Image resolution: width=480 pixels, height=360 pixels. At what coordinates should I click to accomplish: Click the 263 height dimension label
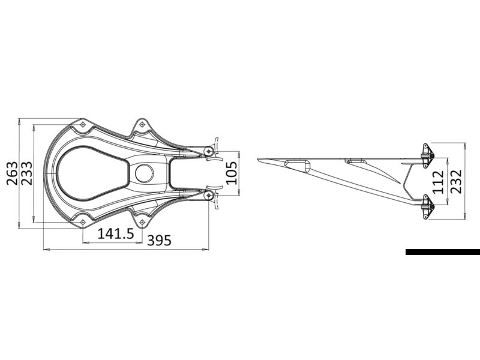click(11, 173)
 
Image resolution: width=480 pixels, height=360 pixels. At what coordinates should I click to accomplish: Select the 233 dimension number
click(26, 173)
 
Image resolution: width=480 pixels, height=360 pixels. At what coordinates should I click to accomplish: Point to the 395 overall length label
click(160, 241)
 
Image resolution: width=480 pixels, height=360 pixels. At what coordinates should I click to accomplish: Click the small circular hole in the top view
click(144, 173)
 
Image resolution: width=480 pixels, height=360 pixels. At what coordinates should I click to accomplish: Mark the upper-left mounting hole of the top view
click(82, 124)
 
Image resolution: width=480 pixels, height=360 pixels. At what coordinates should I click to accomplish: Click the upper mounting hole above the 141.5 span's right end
click(142, 124)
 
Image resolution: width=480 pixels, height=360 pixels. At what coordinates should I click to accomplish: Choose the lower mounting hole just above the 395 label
click(142, 223)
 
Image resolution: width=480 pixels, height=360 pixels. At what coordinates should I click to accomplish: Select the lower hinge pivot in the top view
click(208, 196)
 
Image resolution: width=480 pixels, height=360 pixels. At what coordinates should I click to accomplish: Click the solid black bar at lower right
click(442, 252)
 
